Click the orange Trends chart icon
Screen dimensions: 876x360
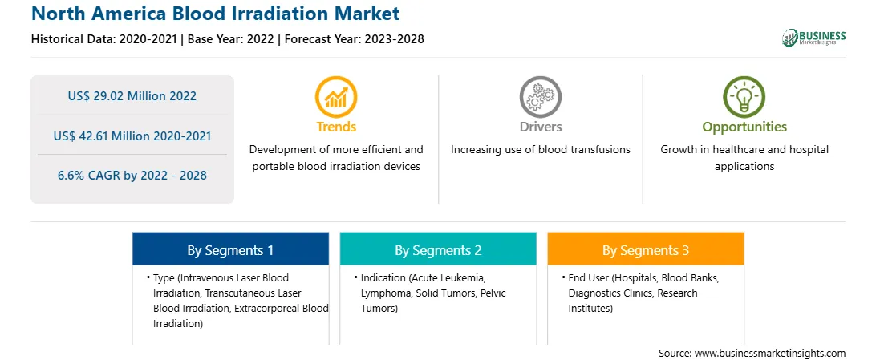click(x=336, y=97)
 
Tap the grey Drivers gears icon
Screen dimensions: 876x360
click(x=540, y=97)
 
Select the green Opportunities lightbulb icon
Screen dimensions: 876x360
click(x=744, y=97)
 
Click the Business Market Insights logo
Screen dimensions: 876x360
click(x=814, y=38)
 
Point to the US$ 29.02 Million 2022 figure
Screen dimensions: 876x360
click(x=132, y=96)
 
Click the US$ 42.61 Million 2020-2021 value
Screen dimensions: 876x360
click(x=132, y=136)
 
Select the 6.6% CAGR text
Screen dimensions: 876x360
click(x=132, y=176)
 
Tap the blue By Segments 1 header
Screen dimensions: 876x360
click(x=231, y=250)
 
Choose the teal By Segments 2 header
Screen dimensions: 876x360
click(x=438, y=250)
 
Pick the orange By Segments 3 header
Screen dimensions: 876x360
click(x=646, y=250)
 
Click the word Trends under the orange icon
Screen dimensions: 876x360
click(x=336, y=127)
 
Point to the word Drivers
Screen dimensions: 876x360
click(x=540, y=127)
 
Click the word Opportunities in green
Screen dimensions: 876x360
click(x=744, y=127)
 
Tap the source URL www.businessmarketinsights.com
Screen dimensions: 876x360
click(x=770, y=354)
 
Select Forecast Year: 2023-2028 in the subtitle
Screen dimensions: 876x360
click(x=354, y=39)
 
